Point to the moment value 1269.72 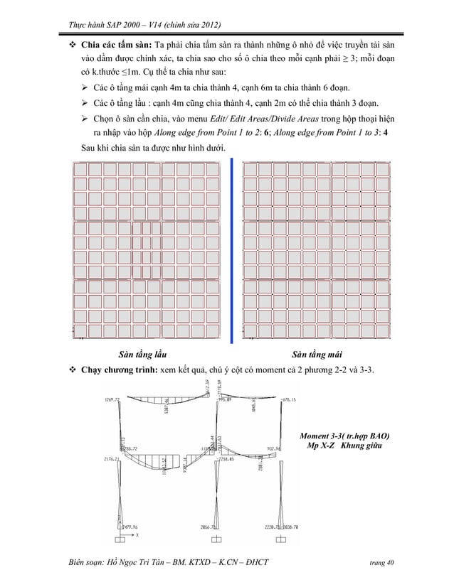point(111,399)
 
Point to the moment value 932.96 point(278,448)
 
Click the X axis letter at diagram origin point(137,534)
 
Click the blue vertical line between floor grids point(233,249)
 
